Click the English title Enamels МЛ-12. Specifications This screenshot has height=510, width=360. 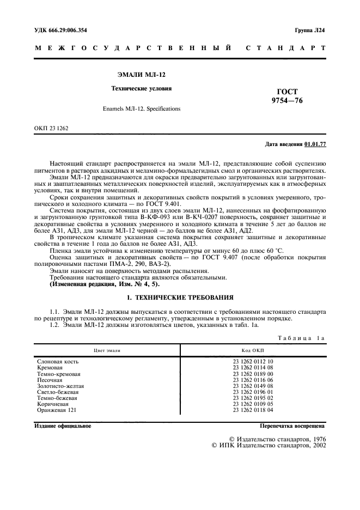(x=141, y=109)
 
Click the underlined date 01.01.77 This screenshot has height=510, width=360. (x=315, y=144)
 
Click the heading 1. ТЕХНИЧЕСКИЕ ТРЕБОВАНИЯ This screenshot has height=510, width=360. (x=180, y=298)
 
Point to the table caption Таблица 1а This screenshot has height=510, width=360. (x=301, y=338)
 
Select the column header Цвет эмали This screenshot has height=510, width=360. (x=107, y=351)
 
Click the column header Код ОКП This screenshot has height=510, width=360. (x=253, y=351)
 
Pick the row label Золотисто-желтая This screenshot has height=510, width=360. (x=60, y=386)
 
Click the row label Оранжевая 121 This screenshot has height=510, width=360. (x=57, y=410)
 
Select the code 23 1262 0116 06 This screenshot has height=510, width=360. (x=253, y=380)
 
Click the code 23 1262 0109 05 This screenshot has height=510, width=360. (x=253, y=404)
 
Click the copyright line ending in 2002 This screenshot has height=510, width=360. (x=269, y=445)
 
